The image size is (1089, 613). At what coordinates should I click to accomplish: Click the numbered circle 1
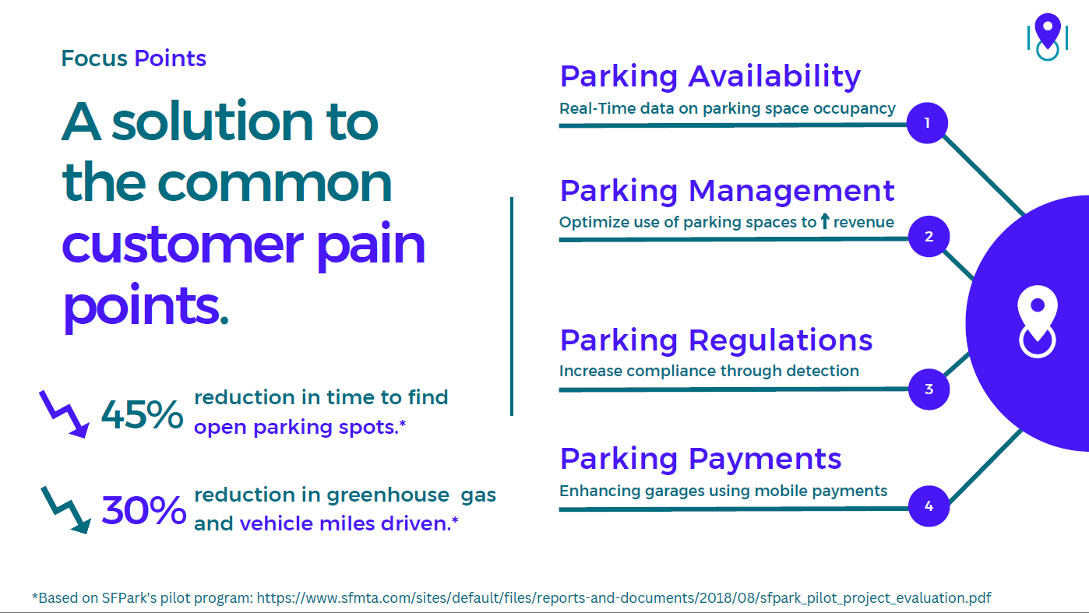pyautogui.click(x=927, y=123)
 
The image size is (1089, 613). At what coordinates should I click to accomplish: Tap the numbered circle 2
pyautogui.click(x=929, y=237)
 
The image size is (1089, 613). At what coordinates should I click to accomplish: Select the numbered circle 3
pyautogui.click(x=929, y=389)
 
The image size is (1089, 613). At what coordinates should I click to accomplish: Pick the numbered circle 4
pyautogui.click(x=929, y=506)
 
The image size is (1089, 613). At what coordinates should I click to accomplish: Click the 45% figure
pyautogui.click(x=142, y=414)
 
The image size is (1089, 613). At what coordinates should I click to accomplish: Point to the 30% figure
pyautogui.click(x=144, y=510)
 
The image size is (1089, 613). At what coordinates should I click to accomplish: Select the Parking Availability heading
pyautogui.click(x=710, y=77)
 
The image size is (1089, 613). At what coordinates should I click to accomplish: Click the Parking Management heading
pyautogui.click(x=728, y=191)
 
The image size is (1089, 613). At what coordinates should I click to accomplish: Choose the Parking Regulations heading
pyautogui.click(x=716, y=340)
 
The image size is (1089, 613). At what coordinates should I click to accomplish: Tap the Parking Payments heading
pyautogui.click(x=700, y=460)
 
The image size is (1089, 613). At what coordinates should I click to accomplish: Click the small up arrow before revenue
pyautogui.click(x=824, y=221)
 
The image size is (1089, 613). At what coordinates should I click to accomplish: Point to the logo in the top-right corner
pyautogui.click(x=1048, y=37)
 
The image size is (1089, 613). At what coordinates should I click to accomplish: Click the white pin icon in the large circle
pyautogui.click(x=1037, y=322)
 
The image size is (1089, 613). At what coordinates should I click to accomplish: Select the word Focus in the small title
pyautogui.click(x=94, y=58)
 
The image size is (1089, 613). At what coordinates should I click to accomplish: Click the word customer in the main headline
pyautogui.click(x=183, y=245)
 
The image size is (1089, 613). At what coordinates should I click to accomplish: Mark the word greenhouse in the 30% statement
pyautogui.click(x=388, y=495)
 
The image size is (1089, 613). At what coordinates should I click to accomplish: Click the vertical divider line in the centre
pyautogui.click(x=512, y=306)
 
